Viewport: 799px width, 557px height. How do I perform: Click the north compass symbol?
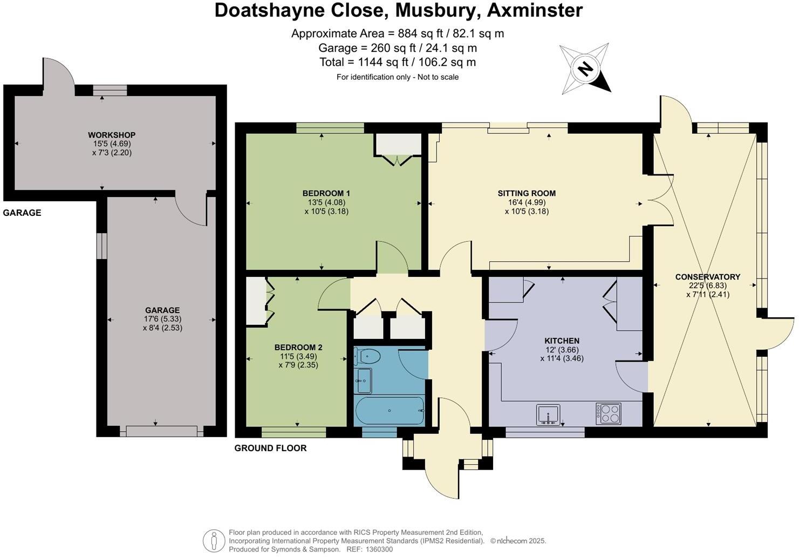(585, 69)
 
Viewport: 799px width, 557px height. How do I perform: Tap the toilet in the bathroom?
(367, 356)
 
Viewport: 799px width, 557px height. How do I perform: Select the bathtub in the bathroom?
(390, 411)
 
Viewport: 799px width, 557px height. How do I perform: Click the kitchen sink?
(548, 415)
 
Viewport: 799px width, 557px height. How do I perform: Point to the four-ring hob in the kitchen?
(609, 413)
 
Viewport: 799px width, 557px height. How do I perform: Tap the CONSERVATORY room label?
(707, 277)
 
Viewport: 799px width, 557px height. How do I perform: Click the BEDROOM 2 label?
(298, 348)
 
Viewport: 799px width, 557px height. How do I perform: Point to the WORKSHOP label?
(112, 135)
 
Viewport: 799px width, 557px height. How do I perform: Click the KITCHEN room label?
(562, 341)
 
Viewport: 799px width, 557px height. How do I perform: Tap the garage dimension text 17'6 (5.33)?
(162, 319)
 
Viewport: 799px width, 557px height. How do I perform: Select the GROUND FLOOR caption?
(270, 448)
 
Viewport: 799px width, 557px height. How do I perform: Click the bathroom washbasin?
(363, 381)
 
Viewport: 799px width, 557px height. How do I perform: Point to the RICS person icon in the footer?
(214, 540)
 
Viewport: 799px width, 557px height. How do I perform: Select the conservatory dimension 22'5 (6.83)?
(707, 286)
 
